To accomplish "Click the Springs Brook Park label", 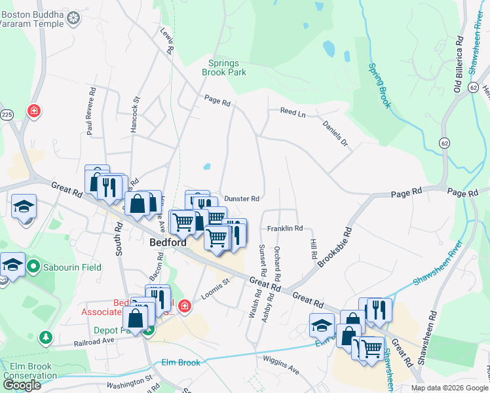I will click(227, 67).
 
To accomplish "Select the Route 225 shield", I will click(7, 115).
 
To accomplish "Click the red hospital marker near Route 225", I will click(33, 111).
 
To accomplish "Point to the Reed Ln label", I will click(293, 113).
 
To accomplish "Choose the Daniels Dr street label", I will click(335, 132).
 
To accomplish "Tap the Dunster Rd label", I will click(242, 198).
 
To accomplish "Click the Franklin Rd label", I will click(284, 229).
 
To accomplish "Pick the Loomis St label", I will click(216, 289).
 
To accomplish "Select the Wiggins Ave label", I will click(282, 366).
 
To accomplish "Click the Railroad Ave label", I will click(94, 341).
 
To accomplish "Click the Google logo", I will click(22, 385).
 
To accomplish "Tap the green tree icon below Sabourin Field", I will click(46, 337).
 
